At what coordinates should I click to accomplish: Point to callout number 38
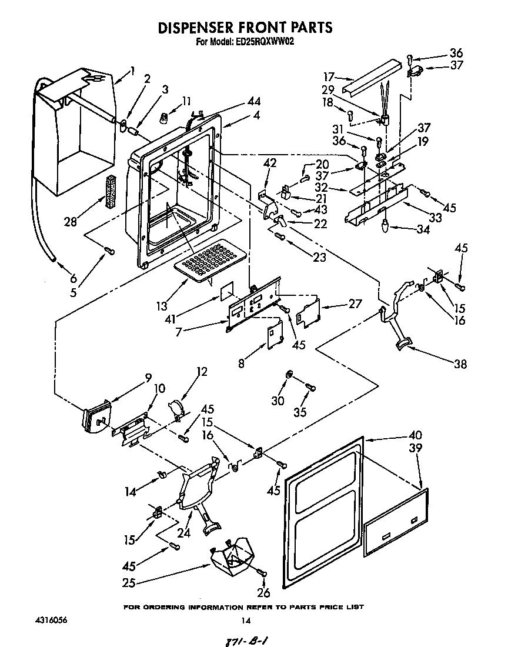(x=460, y=364)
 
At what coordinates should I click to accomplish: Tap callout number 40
(x=415, y=436)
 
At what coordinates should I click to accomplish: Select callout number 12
(x=202, y=372)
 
